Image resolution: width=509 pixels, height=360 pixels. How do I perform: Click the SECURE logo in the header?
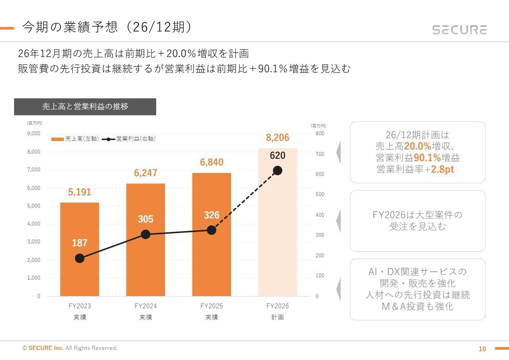coord(459,30)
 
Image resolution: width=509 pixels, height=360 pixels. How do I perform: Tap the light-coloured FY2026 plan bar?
coord(277,239)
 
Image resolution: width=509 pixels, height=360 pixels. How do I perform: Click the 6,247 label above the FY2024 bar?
coord(146,173)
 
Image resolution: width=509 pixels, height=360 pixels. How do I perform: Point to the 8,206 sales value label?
coord(277,138)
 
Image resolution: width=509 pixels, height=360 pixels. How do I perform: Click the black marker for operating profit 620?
coord(277,171)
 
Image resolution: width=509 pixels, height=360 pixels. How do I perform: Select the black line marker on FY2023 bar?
coord(80,258)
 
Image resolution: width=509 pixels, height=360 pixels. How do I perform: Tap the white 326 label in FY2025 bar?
coord(212,215)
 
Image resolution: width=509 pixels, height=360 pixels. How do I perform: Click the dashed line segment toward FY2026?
coord(245,200)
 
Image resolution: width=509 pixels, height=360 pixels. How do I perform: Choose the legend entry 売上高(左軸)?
coord(75,139)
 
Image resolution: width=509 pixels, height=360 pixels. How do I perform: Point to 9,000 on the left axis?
coord(33,134)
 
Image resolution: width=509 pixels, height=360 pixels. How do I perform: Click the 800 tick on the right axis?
coord(320,134)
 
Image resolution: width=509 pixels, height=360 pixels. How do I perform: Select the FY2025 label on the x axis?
coord(212,306)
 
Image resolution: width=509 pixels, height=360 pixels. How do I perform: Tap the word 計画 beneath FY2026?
coord(277,317)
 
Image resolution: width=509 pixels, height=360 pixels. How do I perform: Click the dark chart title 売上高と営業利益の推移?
coord(85,107)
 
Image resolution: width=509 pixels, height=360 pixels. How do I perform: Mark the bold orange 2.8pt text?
coord(443,169)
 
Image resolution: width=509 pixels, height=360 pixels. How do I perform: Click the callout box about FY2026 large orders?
coord(417,221)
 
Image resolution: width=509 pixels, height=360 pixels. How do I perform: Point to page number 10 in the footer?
coord(482,349)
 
